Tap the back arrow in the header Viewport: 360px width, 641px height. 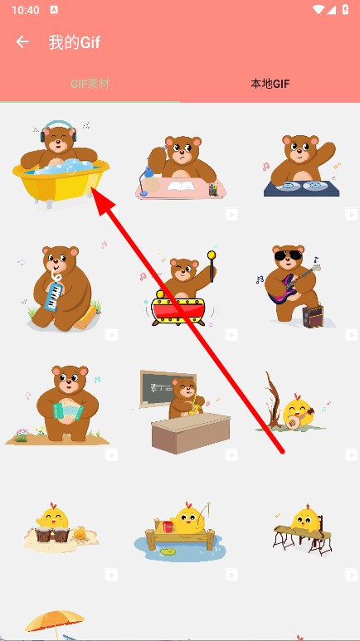pyautogui.click(x=22, y=41)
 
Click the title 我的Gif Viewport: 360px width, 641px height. pyautogui.click(x=75, y=42)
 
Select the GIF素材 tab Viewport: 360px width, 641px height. pyautogui.click(x=90, y=85)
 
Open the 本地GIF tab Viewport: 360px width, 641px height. pyautogui.click(x=270, y=85)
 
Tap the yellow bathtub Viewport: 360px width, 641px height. pyautogui.click(x=61, y=182)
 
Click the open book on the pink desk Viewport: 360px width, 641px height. pyautogui.click(x=180, y=187)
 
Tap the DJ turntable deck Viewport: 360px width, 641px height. pyautogui.click(x=302, y=188)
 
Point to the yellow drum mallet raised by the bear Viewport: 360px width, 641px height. pyautogui.click(x=212, y=266)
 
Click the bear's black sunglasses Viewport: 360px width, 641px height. pyautogui.click(x=288, y=256)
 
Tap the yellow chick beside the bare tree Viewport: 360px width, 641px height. pyautogui.click(x=298, y=413)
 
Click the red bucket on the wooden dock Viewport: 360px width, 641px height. pyautogui.click(x=168, y=527)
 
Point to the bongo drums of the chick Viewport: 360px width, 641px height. pyautogui.click(x=52, y=534)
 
